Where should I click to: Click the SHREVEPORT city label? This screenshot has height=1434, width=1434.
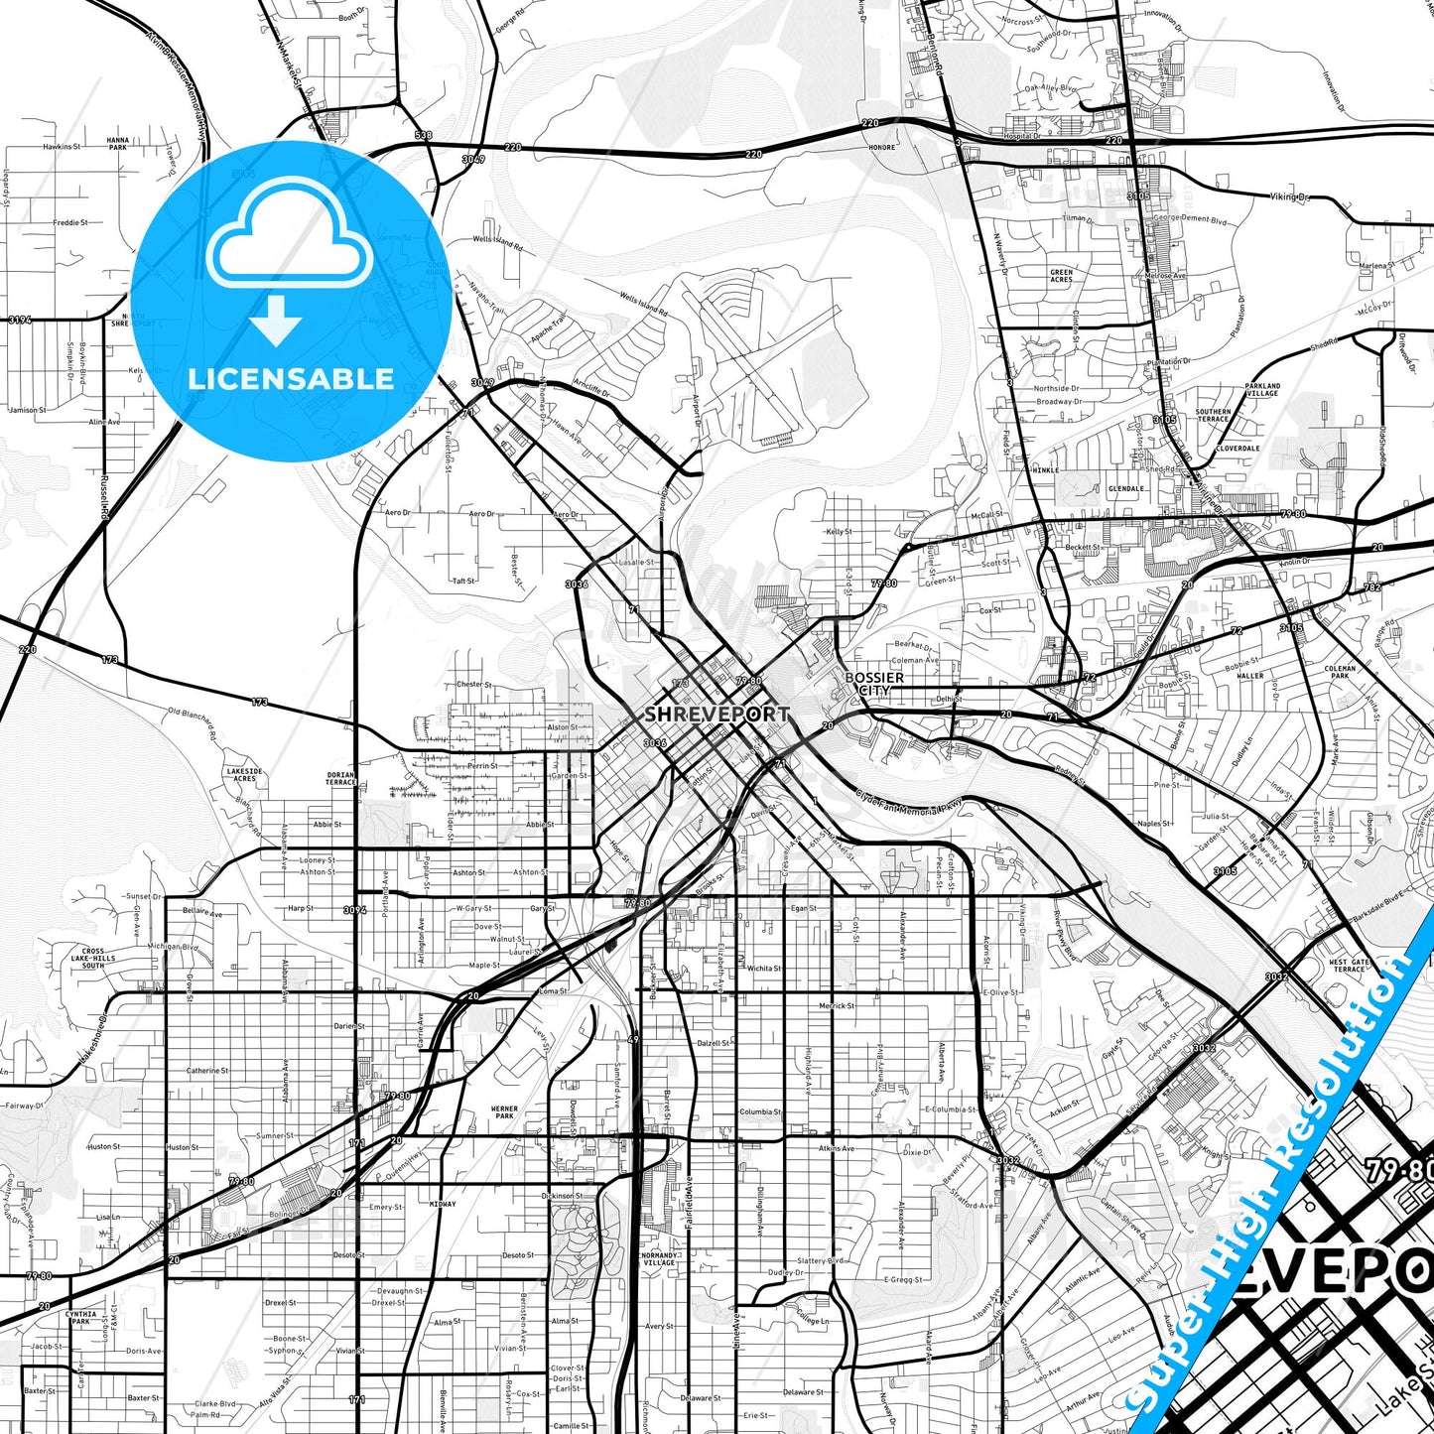tap(717, 714)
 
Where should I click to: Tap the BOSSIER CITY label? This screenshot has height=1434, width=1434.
tap(873, 684)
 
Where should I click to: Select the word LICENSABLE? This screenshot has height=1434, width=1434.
tap(291, 379)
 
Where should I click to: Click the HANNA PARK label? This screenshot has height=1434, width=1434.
tap(118, 144)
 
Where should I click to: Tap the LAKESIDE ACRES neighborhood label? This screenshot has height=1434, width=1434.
tap(244, 775)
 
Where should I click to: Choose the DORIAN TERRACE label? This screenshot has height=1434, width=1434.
tap(340, 779)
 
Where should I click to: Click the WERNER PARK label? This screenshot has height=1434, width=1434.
tap(504, 1112)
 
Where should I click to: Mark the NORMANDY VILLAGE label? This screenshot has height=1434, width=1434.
tap(659, 1258)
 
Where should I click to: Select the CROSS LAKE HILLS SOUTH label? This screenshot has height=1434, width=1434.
tap(92, 958)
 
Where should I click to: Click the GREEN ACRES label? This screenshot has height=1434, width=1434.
tap(1061, 276)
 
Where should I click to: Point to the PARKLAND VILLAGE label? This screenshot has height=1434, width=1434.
tap(1262, 389)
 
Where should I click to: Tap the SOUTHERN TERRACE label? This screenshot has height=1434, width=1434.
tap(1213, 415)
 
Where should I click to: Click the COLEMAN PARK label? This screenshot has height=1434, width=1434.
tap(1340, 672)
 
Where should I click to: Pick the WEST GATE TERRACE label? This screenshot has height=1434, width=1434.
tap(1349, 966)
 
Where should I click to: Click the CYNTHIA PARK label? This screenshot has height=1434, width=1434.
tap(81, 1318)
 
